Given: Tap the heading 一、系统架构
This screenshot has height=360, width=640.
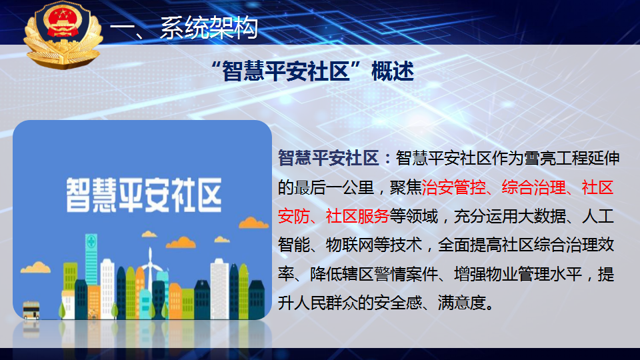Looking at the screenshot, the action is coord(184,28).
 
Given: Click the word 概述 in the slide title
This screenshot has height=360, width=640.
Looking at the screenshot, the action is coord(393,71).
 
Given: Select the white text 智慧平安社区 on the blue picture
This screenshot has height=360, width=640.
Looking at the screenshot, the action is coord(144,195).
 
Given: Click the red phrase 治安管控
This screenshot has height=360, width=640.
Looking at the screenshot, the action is coord(453,187).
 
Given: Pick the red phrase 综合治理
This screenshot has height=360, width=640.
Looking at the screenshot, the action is coord(533,187).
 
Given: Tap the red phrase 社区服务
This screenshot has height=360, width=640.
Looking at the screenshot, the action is coord(357,216).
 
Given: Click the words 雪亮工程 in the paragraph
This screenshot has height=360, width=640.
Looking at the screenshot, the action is coord(555,158).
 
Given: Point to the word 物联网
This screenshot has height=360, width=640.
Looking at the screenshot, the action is coord(350,245).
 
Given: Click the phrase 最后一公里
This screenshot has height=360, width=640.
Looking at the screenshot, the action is coord(333,187).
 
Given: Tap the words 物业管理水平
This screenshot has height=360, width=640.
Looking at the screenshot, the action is coord(534,274).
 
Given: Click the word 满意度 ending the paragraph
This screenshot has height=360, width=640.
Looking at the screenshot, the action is coord(461,303).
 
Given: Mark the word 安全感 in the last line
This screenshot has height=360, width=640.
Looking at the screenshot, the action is coord(397,303).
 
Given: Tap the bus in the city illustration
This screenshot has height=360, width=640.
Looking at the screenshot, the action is coord(31,310).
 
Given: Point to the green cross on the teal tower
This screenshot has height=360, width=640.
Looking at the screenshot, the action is coord(91,241).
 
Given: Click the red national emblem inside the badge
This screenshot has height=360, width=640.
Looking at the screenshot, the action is coord(62,23).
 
